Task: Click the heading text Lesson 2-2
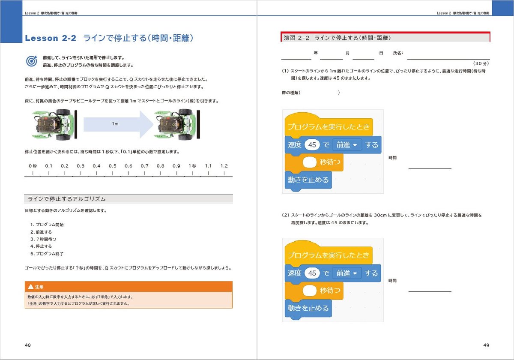51,38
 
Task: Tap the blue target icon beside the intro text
32,61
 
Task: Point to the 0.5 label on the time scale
112,166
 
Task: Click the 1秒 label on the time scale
192,166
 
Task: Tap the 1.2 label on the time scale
224,166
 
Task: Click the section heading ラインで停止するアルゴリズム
66,199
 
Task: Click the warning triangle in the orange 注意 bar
30,287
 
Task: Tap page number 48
28,345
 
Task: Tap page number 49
486,345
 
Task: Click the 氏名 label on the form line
398,53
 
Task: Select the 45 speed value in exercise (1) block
312,145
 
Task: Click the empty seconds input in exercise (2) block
311,291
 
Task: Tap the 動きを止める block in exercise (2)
308,308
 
